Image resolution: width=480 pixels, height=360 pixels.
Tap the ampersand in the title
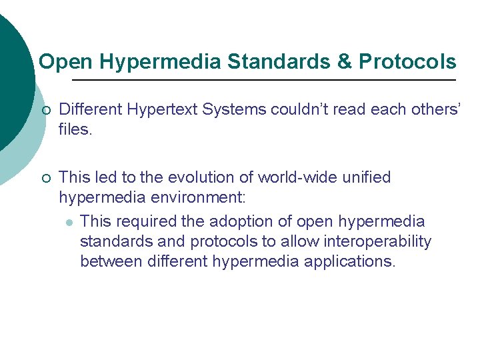(344, 62)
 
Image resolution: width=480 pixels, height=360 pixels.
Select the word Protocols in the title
(407, 62)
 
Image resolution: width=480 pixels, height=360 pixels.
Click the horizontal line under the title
(263, 80)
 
